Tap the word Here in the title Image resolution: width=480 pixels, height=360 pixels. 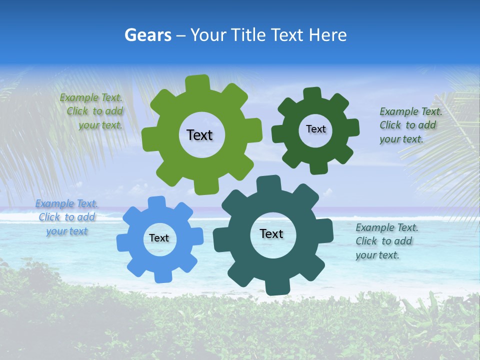coord(327,35)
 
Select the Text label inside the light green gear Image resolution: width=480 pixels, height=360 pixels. coord(199,135)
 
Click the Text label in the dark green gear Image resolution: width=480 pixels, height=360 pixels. coord(315,129)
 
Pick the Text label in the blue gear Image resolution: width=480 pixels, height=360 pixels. coord(159,238)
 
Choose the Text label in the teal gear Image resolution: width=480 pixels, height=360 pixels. coord(271,233)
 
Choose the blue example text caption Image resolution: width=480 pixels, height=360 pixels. coord(67,217)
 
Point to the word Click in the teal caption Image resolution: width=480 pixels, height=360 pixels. coord(366,241)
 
